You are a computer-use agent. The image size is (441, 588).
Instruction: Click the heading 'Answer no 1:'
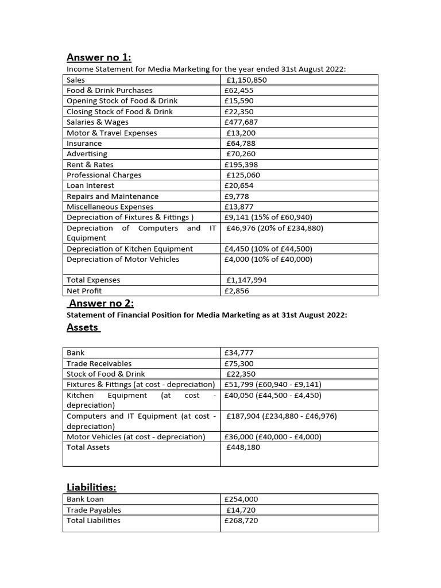click(99, 57)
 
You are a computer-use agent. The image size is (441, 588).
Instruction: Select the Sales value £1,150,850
click(246, 80)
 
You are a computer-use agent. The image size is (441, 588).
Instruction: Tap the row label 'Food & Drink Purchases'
click(110, 90)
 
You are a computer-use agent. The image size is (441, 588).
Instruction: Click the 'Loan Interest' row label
click(90, 185)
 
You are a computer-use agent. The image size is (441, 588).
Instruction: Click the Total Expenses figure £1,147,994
click(246, 280)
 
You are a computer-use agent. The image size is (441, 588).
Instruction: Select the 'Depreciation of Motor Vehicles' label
click(123, 259)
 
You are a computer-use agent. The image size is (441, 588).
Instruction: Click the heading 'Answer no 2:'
click(100, 303)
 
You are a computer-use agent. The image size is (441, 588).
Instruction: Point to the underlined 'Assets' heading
click(83, 327)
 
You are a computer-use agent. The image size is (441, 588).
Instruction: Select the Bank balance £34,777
click(239, 353)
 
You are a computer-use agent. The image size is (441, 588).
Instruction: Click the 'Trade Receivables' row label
click(99, 363)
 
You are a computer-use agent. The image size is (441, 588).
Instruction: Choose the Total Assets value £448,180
click(243, 447)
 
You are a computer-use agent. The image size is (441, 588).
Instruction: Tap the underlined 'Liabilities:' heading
click(91, 487)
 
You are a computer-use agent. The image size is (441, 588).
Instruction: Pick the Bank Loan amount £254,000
click(241, 500)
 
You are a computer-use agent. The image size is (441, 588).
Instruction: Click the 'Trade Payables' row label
click(94, 510)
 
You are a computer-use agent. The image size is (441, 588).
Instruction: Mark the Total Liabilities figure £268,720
click(241, 520)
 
